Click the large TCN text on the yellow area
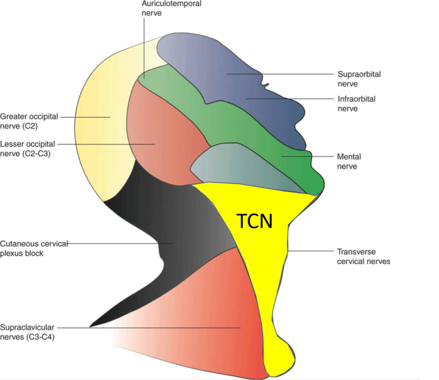click(x=255, y=221)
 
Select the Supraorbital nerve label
click(x=359, y=78)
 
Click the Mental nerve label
click(x=349, y=161)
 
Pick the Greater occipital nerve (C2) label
click(x=29, y=121)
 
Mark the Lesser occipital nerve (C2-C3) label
click(x=29, y=148)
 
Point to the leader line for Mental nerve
click(x=309, y=156)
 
